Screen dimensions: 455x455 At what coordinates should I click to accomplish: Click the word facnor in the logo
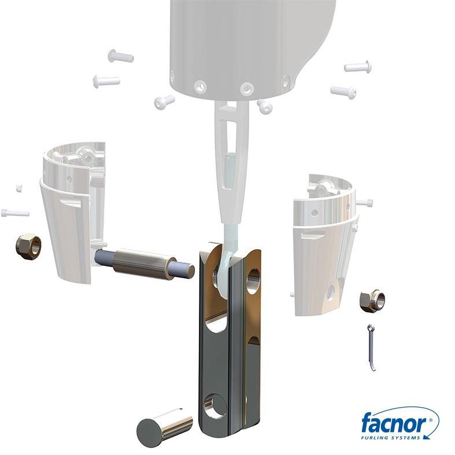tap(394, 423)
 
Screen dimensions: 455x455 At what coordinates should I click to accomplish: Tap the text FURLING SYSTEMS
tap(390, 438)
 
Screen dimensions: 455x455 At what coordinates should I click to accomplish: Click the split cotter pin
tap(371, 347)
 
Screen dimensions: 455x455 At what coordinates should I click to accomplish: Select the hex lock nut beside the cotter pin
tap(372, 301)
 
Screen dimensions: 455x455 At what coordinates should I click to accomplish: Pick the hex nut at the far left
tap(28, 246)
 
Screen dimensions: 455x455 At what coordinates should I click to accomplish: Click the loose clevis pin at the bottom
tap(165, 428)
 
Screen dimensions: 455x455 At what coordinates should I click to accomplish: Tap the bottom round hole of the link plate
tap(215, 406)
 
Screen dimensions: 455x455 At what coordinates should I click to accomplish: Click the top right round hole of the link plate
tap(253, 281)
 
